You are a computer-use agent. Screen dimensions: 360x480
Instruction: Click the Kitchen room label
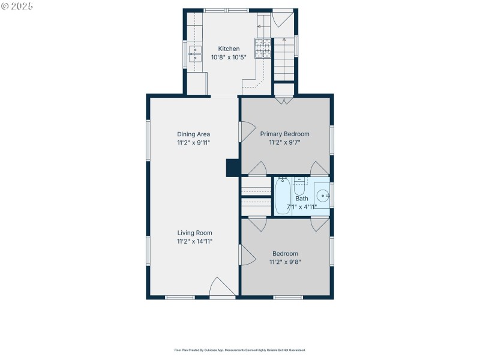229,49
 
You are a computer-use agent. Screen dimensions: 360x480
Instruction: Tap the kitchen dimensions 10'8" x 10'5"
229,58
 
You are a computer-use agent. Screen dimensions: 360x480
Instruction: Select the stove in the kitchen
262,47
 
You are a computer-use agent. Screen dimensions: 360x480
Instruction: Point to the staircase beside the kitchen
284,60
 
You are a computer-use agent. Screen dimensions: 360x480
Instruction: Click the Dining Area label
193,134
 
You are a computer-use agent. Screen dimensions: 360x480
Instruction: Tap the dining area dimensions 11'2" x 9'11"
193,143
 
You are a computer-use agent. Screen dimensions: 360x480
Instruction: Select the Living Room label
194,233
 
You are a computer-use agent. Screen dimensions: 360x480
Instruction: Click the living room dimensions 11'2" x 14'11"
194,241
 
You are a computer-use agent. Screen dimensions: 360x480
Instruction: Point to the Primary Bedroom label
284,134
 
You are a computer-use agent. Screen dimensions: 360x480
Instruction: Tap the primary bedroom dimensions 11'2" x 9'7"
284,143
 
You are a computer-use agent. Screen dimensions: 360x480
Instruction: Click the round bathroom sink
323,195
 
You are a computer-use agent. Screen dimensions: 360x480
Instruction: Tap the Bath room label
301,199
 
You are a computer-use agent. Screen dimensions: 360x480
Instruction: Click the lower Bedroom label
285,254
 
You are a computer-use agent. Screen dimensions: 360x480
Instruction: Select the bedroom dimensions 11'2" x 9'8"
285,262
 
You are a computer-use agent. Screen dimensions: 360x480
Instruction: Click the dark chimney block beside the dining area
232,167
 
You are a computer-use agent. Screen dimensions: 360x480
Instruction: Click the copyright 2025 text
17,5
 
